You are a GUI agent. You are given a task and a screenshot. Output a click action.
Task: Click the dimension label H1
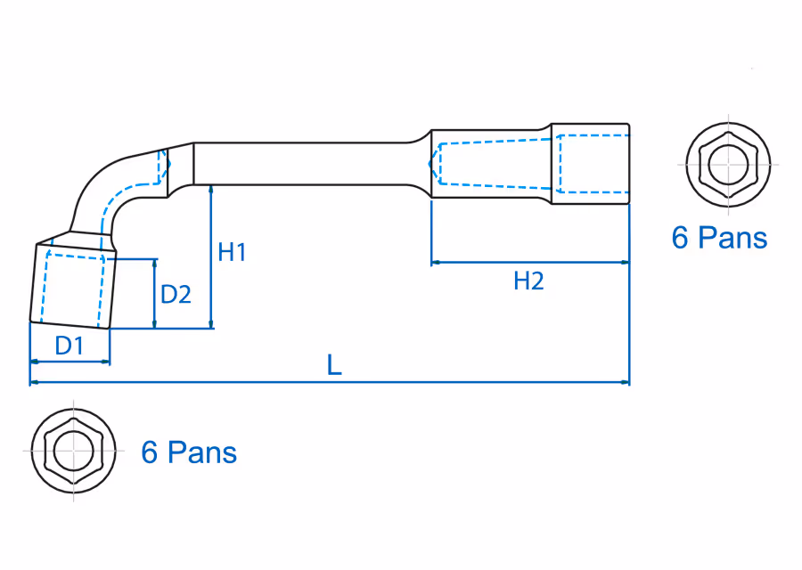(x=232, y=253)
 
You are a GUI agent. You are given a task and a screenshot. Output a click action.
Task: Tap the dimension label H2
(x=528, y=281)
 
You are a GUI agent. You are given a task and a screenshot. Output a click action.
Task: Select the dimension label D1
(x=69, y=346)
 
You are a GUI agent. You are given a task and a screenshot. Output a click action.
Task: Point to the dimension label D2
(x=176, y=294)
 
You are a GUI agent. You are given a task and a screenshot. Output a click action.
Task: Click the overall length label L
(x=334, y=365)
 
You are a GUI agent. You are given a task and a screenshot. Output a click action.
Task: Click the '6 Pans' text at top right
(x=719, y=238)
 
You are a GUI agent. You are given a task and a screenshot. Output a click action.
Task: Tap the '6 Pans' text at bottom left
(x=189, y=452)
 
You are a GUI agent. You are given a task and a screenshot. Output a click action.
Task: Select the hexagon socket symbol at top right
(x=728, y=165)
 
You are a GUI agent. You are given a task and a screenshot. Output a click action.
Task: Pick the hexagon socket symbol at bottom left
(x=73, y=451)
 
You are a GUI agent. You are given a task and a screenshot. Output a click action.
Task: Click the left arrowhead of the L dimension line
(x=34, y=383)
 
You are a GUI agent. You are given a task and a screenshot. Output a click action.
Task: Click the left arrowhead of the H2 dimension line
(x=436, y=263)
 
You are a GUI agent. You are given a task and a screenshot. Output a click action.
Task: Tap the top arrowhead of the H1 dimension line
(x=211, y=189)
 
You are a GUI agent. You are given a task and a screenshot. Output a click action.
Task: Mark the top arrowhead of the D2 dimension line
(x=155, y=264)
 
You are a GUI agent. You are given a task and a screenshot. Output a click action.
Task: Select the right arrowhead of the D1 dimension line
(x=106, y=362)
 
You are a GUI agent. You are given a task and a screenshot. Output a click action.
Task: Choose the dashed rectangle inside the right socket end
(x=593, y=163)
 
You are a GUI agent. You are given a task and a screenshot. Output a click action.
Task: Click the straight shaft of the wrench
(x=303, y=164)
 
